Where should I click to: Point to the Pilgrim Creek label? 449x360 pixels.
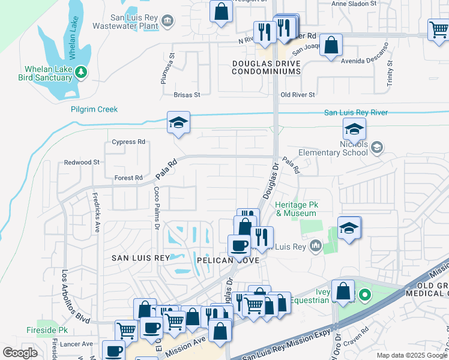94,109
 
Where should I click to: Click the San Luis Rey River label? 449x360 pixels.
356,112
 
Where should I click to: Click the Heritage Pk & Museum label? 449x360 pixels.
295,209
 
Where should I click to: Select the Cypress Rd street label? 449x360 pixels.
128,142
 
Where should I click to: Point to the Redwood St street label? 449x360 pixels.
82,163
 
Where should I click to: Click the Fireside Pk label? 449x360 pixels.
47,331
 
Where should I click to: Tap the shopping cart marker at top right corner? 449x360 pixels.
438,29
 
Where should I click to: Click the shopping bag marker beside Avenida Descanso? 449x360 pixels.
331,46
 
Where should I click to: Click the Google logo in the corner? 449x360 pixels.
20,352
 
